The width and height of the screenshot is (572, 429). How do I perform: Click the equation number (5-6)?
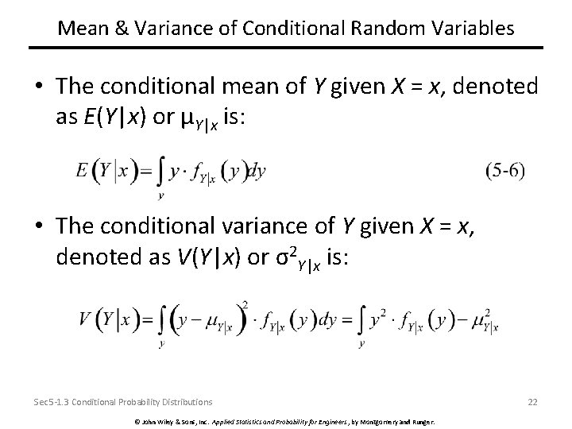[505, 170]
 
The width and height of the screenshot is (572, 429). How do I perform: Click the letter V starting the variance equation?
[85, 319]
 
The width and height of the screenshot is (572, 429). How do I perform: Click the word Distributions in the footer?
[189, 402]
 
